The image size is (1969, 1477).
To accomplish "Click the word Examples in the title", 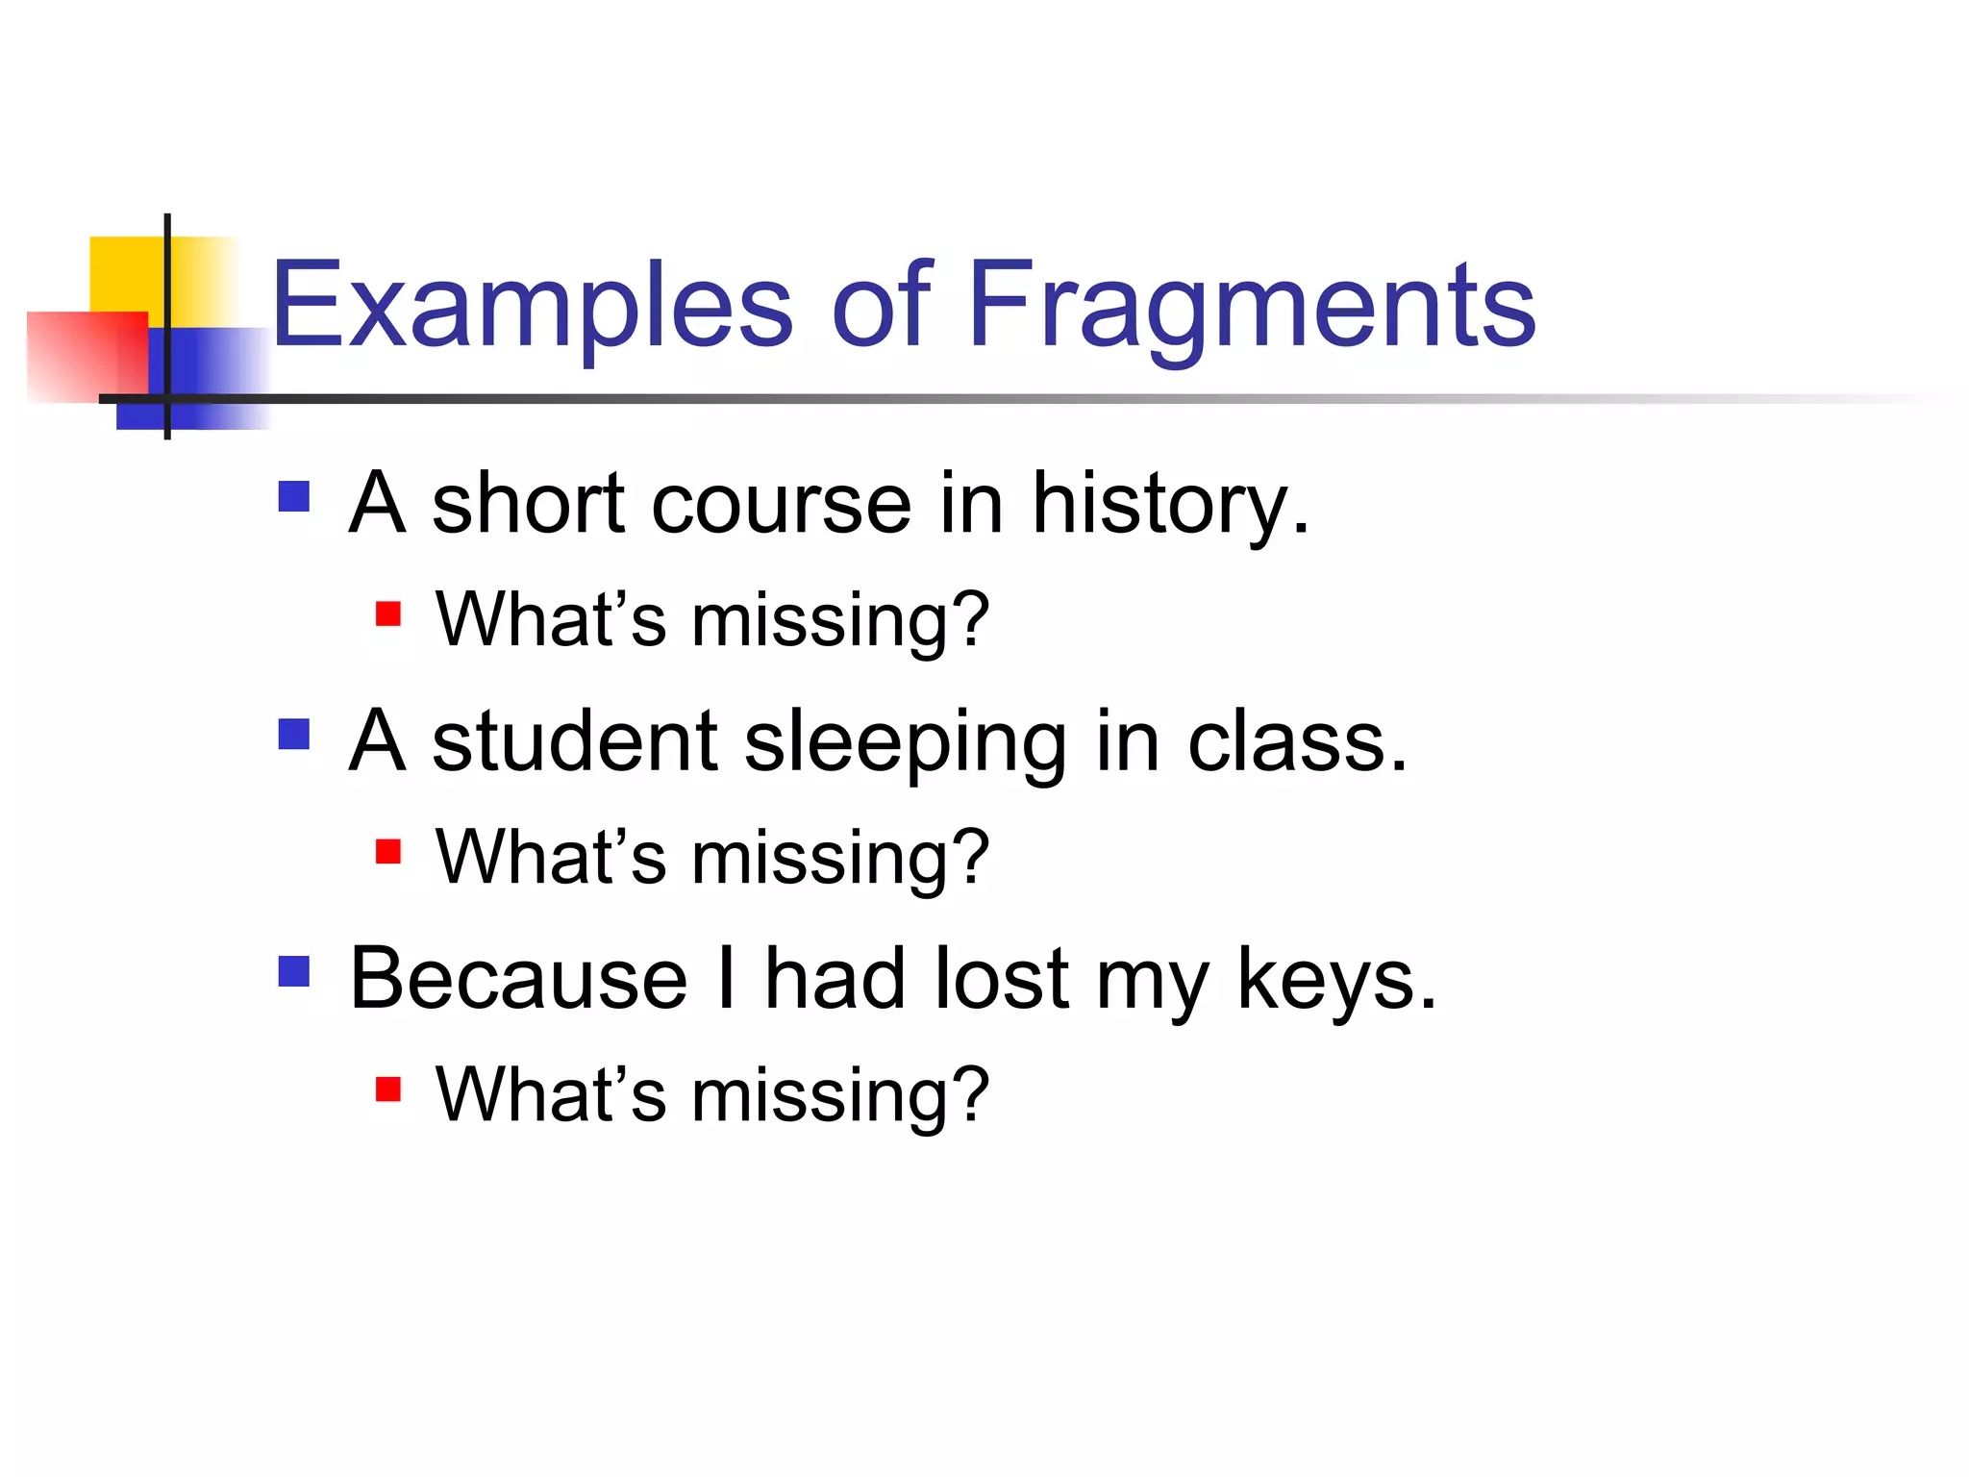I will [x=532, y=306].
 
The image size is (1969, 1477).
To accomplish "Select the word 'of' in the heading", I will [x=881, y=306].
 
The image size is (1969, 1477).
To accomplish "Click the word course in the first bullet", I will [x=781, y=505].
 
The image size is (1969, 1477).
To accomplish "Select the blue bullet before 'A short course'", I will [x=294, y=497].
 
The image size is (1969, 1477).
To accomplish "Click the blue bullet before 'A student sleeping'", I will [x=294, y=735].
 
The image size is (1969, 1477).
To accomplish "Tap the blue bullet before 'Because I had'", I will [x=294, y=972].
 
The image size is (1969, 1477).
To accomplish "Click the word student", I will [x=574, y=742].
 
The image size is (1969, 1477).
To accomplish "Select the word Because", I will [x=519, y=979].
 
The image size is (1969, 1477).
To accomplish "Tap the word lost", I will [x=1000, y=979].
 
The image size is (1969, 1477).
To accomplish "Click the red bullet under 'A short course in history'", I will [x=388, y=613].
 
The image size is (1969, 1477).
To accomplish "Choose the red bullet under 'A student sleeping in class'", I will [x=388, y=852].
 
